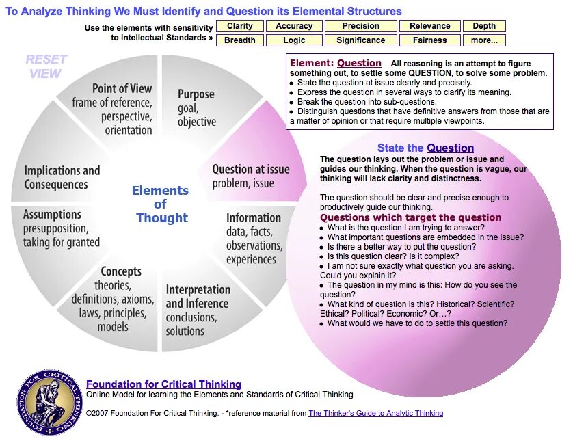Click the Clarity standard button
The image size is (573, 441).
click(x=240, y=26)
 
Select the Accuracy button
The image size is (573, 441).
click(x=294, y=26)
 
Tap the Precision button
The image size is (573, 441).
click(x=360, y=26)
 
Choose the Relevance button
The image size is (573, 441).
click(x=429, y=26)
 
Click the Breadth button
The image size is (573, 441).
click(x=240, y=40)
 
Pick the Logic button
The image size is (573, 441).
click(x=294, y=40)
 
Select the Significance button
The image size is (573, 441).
click(x=360, y=40)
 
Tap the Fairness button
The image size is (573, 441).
click(x=429, y=40)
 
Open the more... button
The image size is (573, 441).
click(x=484, y=40)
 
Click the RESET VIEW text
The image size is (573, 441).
click(x=46, y=66)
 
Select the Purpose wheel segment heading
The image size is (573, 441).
click(x=196, y=94)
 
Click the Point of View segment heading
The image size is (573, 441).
click(x=122, y=88)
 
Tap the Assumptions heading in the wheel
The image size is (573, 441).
click(x=52, y=215)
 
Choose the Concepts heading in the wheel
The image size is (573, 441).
click(x=121, y=271)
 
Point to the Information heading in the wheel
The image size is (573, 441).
click(x=254, y=218)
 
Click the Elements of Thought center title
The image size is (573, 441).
click(x=161, y=204)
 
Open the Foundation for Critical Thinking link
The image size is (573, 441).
click(x=163, y=384)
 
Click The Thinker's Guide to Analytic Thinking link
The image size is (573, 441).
click(x=375, y=413)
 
